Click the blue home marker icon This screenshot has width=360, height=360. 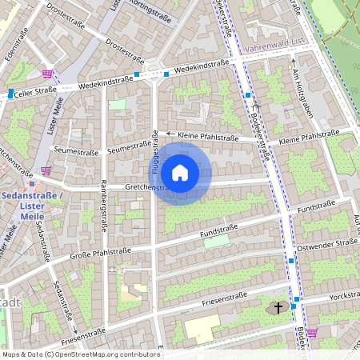pyautogui.click(x=180, y=173)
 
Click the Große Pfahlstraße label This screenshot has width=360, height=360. pyautogui.click(x=100, y=254)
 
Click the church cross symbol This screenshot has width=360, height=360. pyautogui.click(x=279, y=306)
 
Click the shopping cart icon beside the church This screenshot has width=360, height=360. pyautogui.click(x=312, y=332)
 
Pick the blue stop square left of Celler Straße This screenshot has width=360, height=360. pyautogui.click(x=10, y=94)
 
